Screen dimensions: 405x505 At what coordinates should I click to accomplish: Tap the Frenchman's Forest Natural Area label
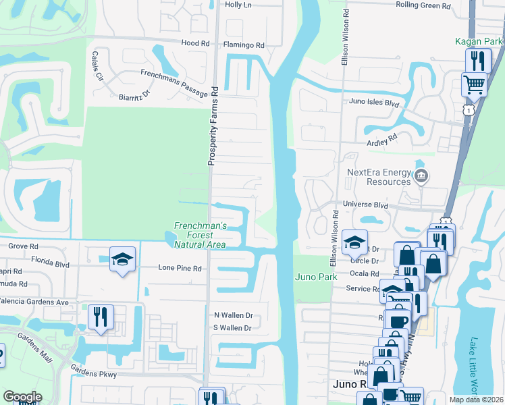click(x=200, y=235)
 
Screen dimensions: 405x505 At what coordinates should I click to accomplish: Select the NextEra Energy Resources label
click(x=379, y=177)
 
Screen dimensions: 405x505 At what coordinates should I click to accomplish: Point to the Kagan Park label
click(x=479, y=42)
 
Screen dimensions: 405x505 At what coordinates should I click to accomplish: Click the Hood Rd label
click(x=196, y=43)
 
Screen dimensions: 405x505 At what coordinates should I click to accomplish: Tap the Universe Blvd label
click(x=366, y=204)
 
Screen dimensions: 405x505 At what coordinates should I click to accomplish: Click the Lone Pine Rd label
click(x=180, y=268)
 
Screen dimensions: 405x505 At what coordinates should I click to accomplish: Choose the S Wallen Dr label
click(x=232, y=328)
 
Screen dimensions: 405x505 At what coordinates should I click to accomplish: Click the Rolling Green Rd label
click(x=423, y=5)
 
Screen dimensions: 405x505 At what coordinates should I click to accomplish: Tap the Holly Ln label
click(x=238, y=5)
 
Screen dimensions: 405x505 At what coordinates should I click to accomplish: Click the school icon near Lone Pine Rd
click(x=122, y=259)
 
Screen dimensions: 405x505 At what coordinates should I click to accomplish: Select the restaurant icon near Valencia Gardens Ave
click(x=101, y=317)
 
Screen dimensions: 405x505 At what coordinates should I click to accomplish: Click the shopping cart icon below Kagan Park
click(x=474, y=85)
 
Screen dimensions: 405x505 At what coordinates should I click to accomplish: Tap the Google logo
click(x=22, y=397)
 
